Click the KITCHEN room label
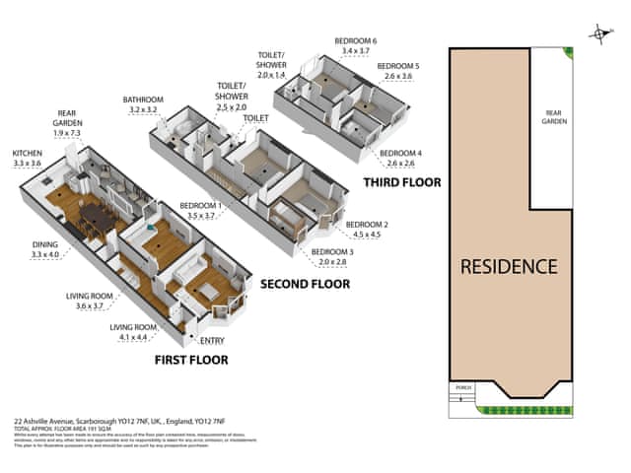tap(27, 154)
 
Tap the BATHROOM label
tap(143, 100)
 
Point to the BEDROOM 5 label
tap(398, 65)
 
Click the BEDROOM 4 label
tap(400, 153)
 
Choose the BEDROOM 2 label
tap(365, 225)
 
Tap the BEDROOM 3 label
tap(330, 252)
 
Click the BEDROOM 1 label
tap(200, 206)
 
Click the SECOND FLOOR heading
tap(304, 284)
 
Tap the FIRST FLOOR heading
tap(191, 360)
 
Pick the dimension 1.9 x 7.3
tap(68, 133)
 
